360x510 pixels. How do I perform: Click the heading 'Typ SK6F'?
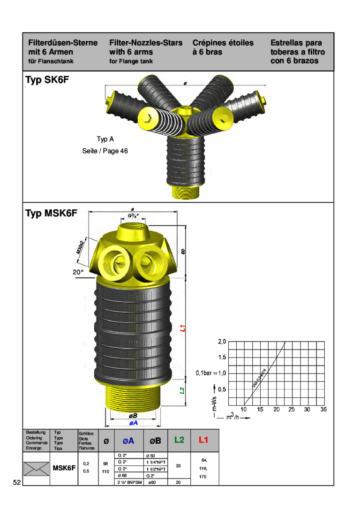pyautogui.click(x=47, y=81)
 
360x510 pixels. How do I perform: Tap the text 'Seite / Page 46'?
pyautogui.click(x=105, y=151)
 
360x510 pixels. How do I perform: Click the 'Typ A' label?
pyautogui.click(x=105, y=139)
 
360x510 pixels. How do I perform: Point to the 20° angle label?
pyautogui.click(x=78, y=272)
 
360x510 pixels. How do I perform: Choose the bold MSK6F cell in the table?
pyautogui.click(x=64, y=468)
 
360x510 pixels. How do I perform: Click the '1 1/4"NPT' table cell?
pyautogui.click(x=156, y=462)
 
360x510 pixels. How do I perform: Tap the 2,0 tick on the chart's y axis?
pyautogui.click(x=222, y=341)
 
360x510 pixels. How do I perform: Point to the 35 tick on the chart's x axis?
pyautogui.click(x=323, y=410)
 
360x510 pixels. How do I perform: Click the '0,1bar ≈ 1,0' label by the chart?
pyautogui.click(x=211, y=373)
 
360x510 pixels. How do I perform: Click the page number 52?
pyautogui.click(x=17, y=482)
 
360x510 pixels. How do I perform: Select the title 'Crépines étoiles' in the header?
pyautogui.click(x=223, y=43)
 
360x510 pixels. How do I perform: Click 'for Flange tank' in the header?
pyautogui.click(x=131, y=61)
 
